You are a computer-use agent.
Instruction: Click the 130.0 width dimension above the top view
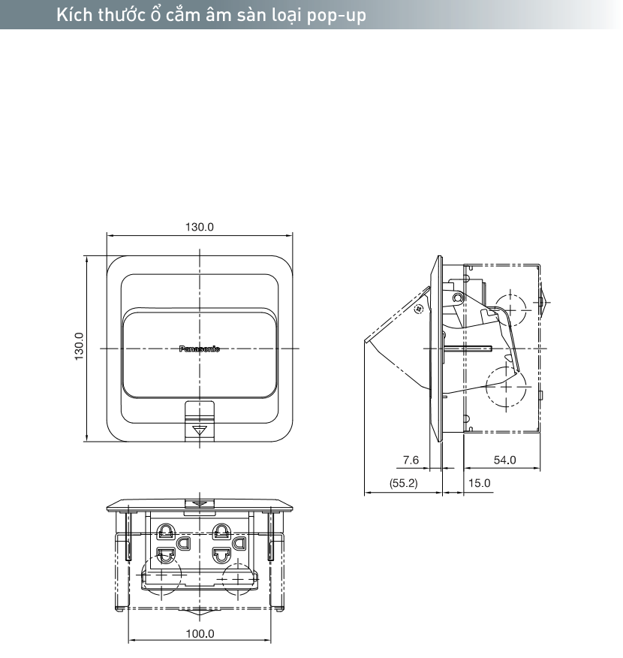(200, 227)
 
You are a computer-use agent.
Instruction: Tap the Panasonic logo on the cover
(200, 349)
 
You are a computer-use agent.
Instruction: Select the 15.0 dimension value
(479, 483)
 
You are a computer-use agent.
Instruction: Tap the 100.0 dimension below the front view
(200, 633)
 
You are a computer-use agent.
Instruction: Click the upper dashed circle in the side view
(510, 307)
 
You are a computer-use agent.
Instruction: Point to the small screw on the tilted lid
(420, 306)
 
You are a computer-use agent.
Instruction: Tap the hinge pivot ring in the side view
(456, 298)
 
